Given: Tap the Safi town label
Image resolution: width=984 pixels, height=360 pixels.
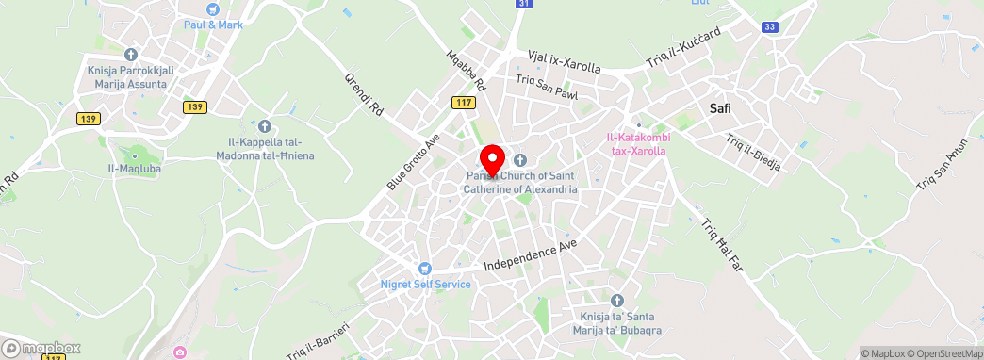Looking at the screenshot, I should click(x=720, y=109).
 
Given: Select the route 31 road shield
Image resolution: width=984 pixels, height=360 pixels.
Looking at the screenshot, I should click(x=524, y=5).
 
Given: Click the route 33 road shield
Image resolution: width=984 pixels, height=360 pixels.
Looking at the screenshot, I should click(x=770, y=26).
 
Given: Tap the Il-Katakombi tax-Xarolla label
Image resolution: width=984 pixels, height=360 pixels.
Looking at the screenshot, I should click(x=638, y=144).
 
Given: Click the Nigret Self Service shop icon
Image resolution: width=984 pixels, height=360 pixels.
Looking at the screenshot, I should click(x=425, y=270).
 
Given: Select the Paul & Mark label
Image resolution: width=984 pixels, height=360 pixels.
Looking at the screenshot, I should click(x=213, y=25).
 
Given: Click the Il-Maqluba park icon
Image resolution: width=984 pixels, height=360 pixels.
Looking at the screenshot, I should click(x=134, y=155).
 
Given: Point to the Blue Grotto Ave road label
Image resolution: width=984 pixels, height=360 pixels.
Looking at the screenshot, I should click(x=414, y=163).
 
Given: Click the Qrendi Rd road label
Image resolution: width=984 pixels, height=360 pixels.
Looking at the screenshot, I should click(x=364, y=95).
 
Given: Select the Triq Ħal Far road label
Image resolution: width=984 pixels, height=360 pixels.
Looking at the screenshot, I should click(x=722, y=244).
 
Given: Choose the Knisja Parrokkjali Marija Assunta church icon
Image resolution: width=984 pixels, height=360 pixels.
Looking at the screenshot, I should click(x=129, y=54).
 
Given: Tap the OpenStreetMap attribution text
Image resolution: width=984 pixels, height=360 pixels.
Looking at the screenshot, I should click(x=945, y=353).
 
